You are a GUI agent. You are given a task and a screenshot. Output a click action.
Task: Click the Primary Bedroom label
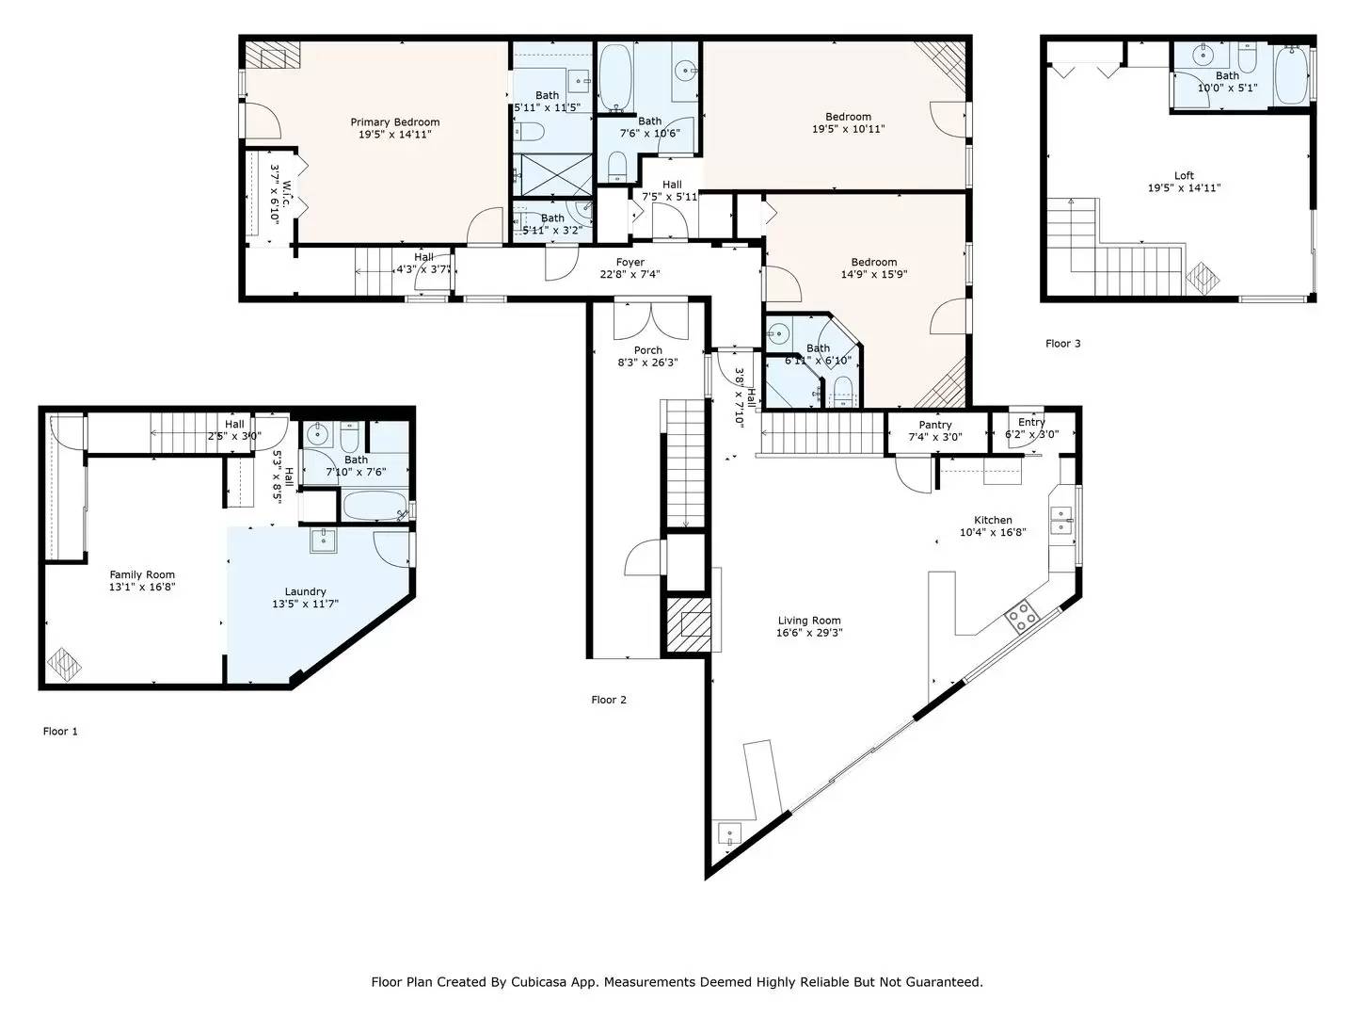395,122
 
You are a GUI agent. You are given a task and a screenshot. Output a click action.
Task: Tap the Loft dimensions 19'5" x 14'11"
1184,187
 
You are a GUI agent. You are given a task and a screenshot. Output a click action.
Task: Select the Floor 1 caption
60,731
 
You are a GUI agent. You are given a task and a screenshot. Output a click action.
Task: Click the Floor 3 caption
1063,344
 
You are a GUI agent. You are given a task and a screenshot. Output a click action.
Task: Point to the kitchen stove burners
1022,616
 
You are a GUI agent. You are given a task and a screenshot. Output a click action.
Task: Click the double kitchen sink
1061,520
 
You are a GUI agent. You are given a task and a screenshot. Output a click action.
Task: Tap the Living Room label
809,621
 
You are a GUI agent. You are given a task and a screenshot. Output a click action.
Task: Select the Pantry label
935,425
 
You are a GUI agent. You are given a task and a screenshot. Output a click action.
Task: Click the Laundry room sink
324,541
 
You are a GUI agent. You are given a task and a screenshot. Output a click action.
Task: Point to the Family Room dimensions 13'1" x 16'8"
143,587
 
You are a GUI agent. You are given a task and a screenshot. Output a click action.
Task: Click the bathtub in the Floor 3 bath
1291,74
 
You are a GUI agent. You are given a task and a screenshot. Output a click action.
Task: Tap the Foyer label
630,263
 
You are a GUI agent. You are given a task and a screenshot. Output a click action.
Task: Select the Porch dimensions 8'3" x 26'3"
648,363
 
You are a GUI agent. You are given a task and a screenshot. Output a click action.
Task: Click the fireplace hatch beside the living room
689,624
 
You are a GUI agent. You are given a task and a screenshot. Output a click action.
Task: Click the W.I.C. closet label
287,194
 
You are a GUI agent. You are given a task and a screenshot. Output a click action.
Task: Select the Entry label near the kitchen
1031,423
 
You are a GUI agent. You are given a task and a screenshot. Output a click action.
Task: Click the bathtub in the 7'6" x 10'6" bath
615,78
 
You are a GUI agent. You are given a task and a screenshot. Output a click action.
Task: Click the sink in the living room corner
730,834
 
